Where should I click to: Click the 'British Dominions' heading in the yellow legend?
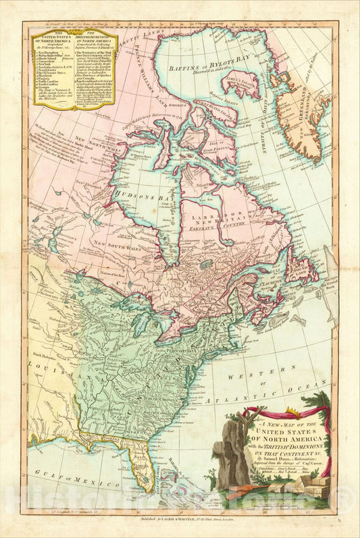(x=99, y=36)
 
